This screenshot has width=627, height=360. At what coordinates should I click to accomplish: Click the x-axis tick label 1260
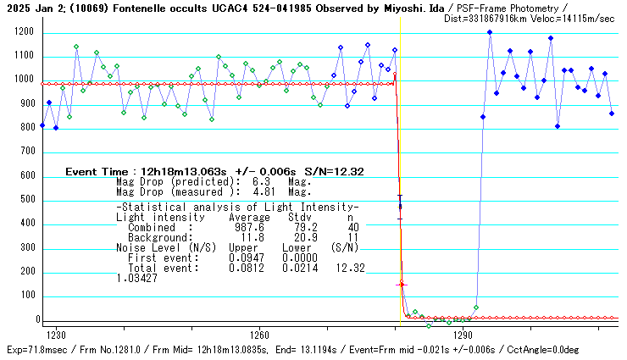pos(259,335)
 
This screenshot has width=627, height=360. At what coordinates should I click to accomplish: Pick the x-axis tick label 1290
pos(463,335)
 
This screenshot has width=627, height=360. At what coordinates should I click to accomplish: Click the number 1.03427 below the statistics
pos(137,277)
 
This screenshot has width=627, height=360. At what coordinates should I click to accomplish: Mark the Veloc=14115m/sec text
pos(575,18)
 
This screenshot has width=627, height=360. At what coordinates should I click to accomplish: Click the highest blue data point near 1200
pos(490,32)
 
